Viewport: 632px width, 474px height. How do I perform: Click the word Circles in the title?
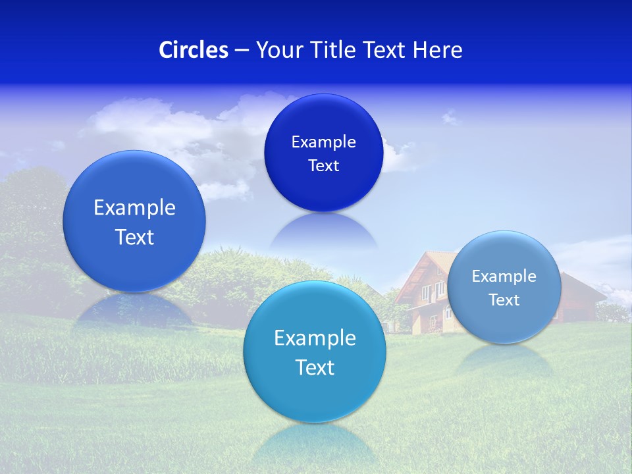pyautogui.click(x=193, y=50)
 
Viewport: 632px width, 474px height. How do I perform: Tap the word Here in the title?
pyautogui.click(x=438, y=50)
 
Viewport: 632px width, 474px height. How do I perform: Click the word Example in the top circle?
pyautogui.click(x=324, y=142)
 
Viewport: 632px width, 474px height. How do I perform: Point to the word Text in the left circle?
pyautogui.click(x=134, y=237)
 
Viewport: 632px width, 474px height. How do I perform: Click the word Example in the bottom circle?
pyautogui.click(x=315, y=338)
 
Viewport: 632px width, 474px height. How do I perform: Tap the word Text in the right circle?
pyautogui.click(x=504, y=300)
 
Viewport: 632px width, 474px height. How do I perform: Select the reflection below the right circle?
pyautogui.click(x=504, y=359)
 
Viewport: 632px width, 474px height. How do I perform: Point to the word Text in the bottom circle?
pyautogui.click(x=315, y=367)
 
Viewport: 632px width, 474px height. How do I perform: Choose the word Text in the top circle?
pyautogui.click(x=324, y=166)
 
